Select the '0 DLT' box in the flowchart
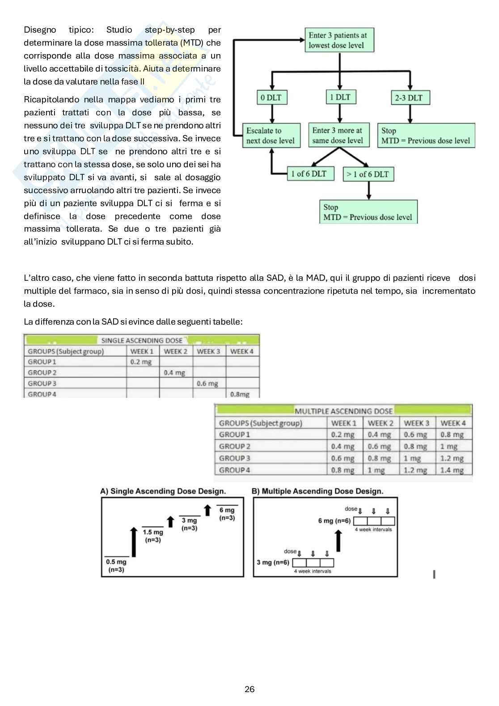271,97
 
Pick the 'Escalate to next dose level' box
271,135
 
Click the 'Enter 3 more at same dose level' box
338,135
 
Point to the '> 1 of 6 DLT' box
368,174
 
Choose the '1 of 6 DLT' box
310,173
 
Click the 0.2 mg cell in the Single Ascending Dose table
141,362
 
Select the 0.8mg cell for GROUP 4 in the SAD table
240,394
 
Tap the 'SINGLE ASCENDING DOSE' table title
142,340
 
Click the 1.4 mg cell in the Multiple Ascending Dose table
452,470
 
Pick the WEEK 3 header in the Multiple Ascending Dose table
416,423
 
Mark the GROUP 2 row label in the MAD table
235,446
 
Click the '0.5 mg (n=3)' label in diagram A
116,566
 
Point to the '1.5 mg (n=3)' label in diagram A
153,536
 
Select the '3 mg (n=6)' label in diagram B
273,562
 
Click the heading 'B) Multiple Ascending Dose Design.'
317,491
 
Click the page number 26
249,689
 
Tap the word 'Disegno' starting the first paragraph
40,30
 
